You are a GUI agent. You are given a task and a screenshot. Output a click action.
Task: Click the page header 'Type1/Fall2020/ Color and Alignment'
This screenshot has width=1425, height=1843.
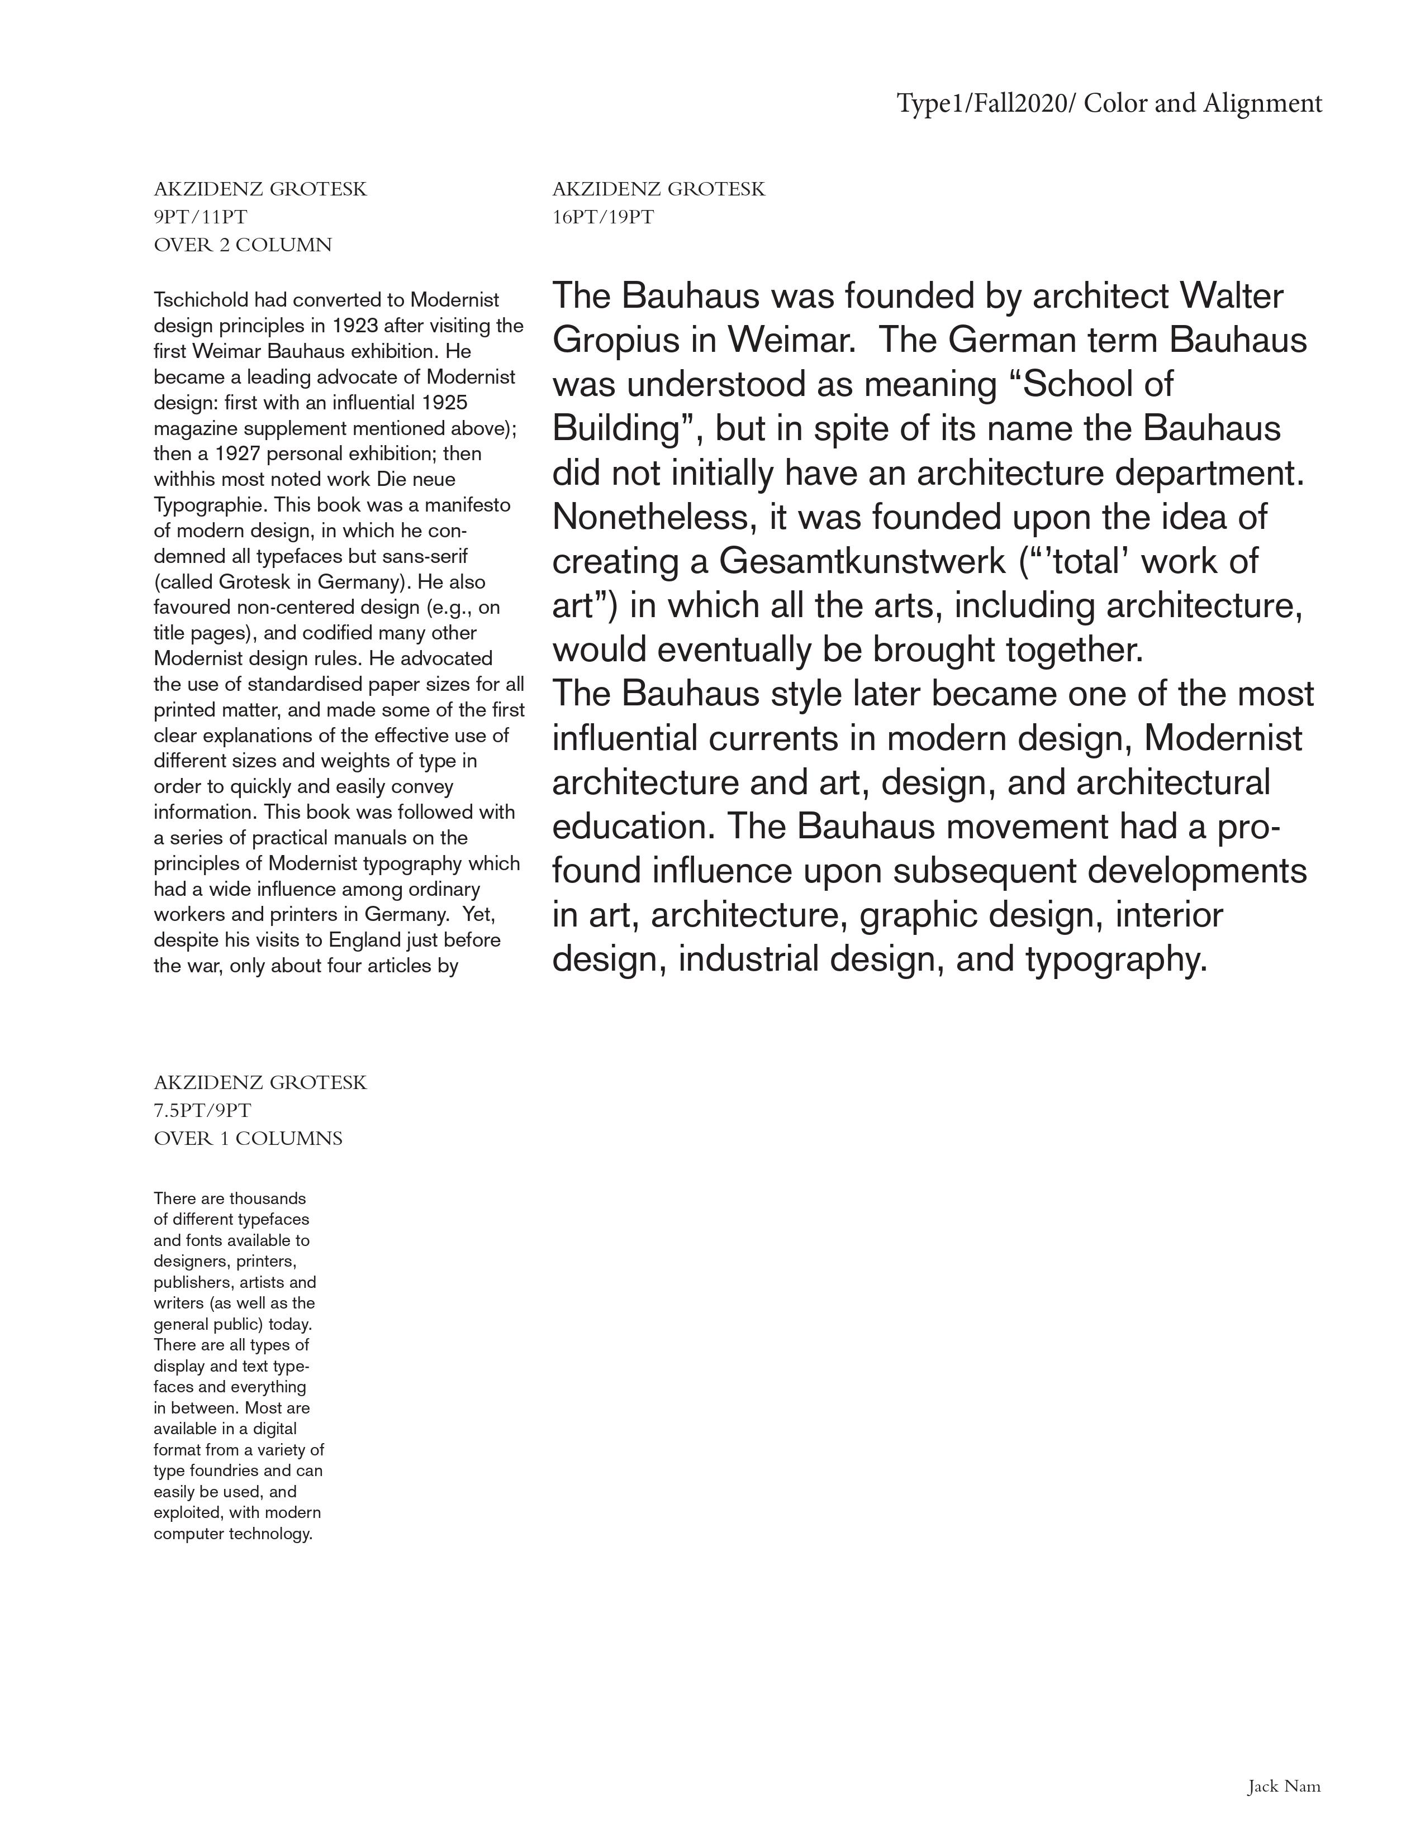tap(1109, 104)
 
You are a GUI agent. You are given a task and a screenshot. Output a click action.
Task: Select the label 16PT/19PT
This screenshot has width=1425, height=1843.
tap(603, 218)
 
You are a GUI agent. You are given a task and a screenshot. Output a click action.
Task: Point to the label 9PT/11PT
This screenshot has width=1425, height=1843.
tap(200, 218)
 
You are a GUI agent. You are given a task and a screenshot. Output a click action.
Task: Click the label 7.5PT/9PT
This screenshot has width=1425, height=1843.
tap(202, 1110)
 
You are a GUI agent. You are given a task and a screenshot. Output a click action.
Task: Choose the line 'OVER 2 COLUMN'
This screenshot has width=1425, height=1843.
tap(243, 246)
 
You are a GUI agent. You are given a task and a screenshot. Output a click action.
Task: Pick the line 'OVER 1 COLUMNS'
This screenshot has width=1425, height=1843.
tap(248, 1139)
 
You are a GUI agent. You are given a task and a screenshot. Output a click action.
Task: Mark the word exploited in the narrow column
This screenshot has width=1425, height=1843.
tap(188, 1512)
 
